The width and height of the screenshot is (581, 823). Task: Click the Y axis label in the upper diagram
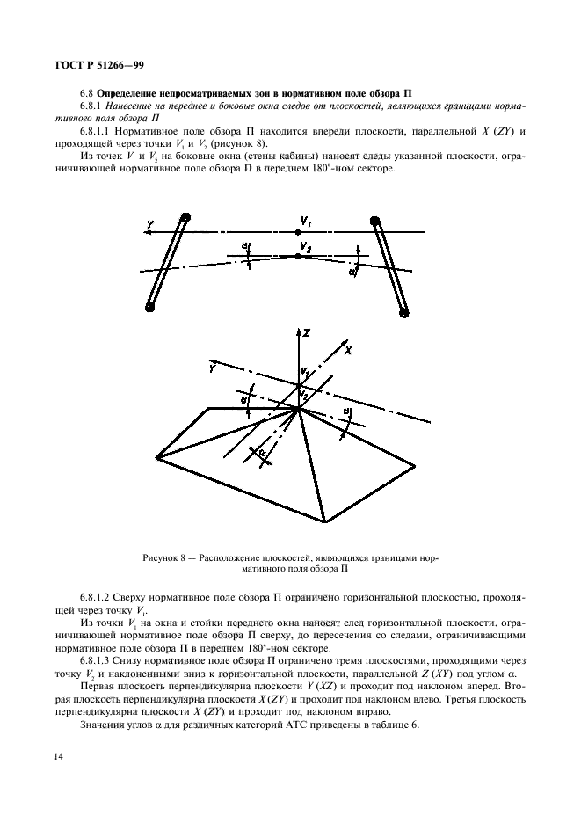coord(150,225)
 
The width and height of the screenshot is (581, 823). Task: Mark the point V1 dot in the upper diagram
coord(298,231)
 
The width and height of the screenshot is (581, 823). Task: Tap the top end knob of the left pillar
coord(185,218)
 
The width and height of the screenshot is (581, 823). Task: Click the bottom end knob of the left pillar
coord(150,308)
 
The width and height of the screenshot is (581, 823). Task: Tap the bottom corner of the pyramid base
coord(327,521)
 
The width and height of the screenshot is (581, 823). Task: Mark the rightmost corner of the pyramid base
coord(416,467)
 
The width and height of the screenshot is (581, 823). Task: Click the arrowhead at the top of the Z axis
coord(299,331)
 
